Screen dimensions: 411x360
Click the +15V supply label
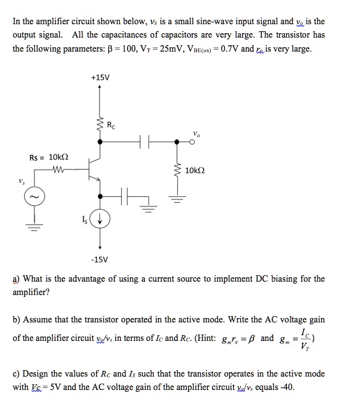(x=100, y=78)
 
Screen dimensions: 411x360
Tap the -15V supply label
(x=100, y=259)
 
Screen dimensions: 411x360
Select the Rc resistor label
(x=111, y=125)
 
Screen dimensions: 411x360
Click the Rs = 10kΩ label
(x=49, y=157)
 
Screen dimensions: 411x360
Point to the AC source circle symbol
(x=35, y=198)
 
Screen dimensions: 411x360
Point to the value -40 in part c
(x=287, y=386)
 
